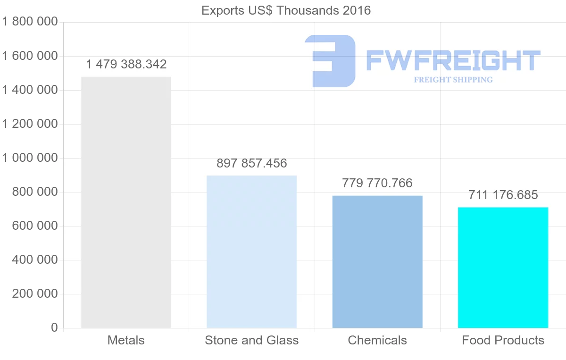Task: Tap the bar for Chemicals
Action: click(x=377, y=261)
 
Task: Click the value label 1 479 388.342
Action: click(x=126, y=64)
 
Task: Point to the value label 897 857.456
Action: click(x=251, y=164)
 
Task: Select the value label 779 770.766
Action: click(x=377, y=183)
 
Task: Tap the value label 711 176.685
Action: click(x=503, y=195)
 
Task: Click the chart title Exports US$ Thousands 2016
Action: click(x=286, y=10)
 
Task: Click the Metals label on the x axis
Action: click(x=126, y=340)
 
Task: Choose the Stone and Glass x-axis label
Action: click(x=251, y=340)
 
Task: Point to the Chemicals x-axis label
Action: click(x=377, y=340)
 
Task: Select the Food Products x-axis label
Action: click(x=503, y=340)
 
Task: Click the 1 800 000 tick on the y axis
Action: click(x=30, y=22)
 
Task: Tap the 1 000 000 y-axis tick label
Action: click(x=30, y=158)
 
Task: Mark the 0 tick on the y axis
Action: click(x=54, y=328)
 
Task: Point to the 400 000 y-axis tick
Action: click(x=34, y=260)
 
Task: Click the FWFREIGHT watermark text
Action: click(x=453, y=60)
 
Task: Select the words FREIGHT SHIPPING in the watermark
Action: click(x=453, y=80)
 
